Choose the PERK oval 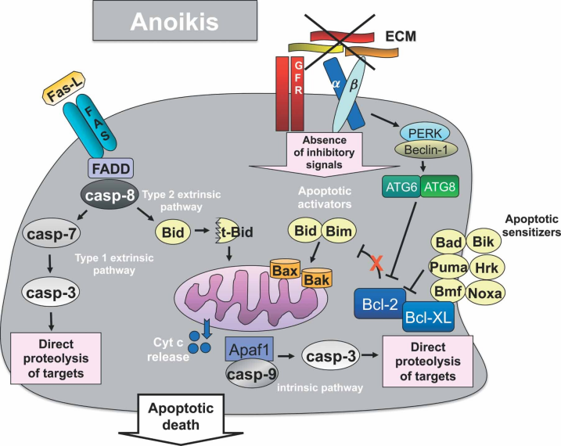click(424, 133)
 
